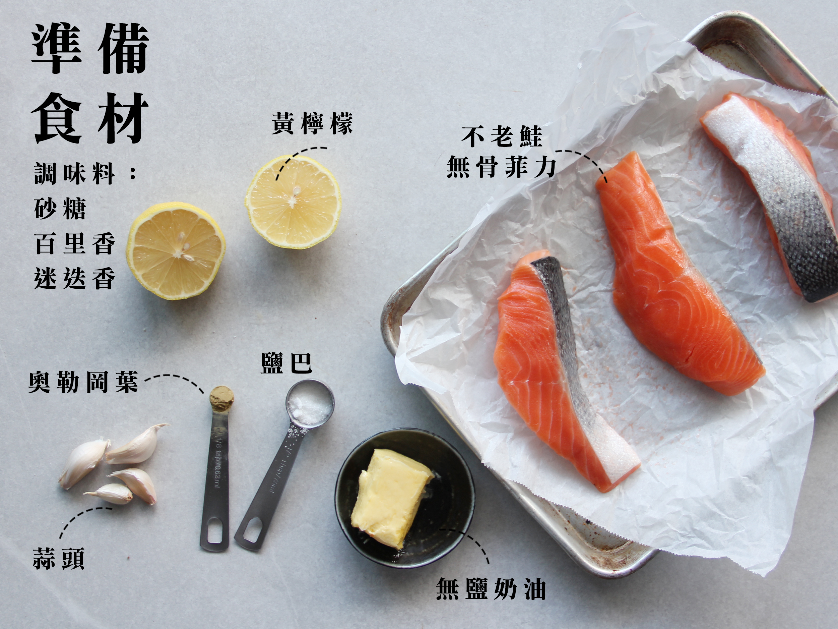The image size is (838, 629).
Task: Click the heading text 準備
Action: pos(90,49)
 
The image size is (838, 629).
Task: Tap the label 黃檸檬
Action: pos(312,123)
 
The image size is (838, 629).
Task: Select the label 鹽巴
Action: pos(286,363)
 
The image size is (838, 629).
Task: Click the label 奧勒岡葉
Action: pos(83,382)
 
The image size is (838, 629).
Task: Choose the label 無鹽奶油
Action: pos(491,588)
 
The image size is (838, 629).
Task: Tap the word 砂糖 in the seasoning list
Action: pos(60,209)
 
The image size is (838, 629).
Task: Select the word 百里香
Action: pos(75,243)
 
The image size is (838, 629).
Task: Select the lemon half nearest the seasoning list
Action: pos(176,250)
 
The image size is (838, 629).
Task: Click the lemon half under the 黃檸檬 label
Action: pos(294,202)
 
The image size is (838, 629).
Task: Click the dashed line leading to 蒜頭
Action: pos(81,518)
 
